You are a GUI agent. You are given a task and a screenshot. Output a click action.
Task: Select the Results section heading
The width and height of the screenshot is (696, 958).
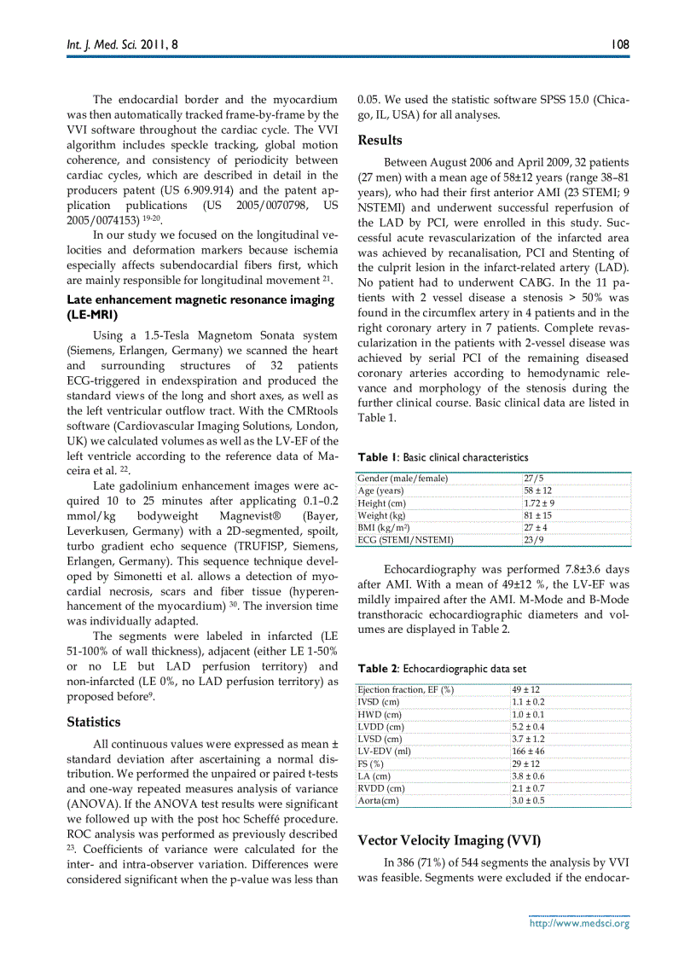(x=380, y=140)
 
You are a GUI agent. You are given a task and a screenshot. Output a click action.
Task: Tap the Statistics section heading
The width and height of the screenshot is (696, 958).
(x=93, y=722)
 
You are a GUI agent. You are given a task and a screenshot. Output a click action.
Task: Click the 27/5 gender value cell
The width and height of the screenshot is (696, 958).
(x=533, y=479)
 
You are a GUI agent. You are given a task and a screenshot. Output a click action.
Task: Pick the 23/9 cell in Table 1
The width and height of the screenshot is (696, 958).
(x=533, y=540)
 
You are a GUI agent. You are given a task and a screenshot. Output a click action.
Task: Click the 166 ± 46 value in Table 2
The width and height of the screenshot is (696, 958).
(x=528, y=751)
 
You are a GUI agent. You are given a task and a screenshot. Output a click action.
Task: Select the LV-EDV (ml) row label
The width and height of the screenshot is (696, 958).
(x=384, y=751)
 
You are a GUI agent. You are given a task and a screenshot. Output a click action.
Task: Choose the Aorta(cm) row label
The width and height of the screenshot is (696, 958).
(x=379, y=800)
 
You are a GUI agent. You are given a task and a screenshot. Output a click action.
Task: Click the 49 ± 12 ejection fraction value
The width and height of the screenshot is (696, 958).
(x=525, y=689)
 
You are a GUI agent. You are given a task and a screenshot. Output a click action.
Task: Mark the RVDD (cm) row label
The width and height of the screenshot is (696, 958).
(x=381, y=788)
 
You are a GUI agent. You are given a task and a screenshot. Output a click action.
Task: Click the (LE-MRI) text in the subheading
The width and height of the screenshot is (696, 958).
(x=92, y=314)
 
